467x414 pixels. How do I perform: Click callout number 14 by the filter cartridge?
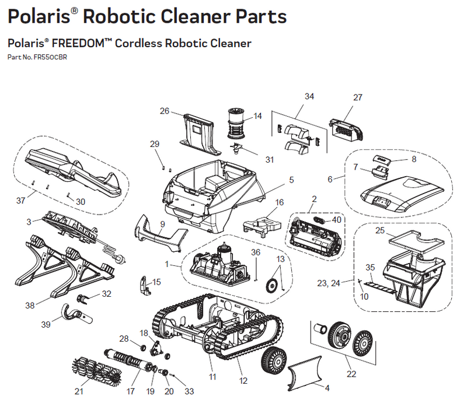point(257,116)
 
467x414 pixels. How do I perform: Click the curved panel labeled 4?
point(303,371)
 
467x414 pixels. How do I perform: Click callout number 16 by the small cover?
point(279,202)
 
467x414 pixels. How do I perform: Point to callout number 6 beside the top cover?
point(330,179)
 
